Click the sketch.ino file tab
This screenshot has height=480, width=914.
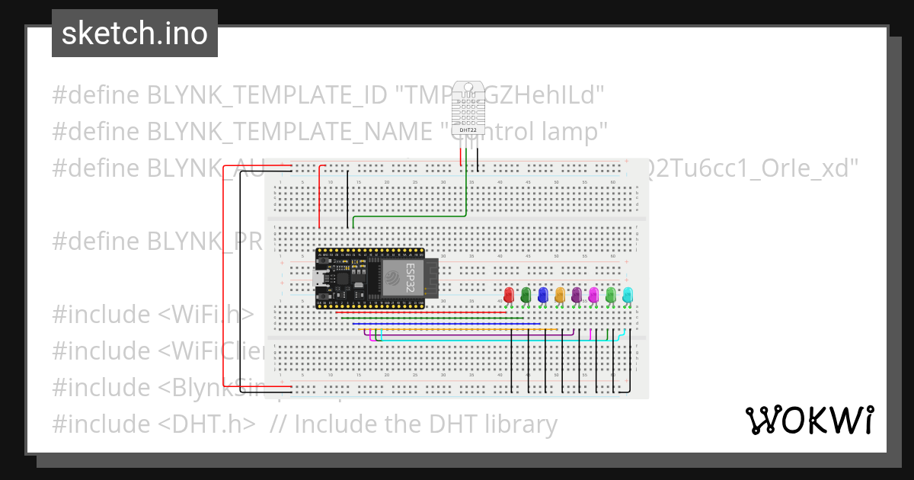pos(134,34)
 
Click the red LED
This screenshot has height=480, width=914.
pos(509,295)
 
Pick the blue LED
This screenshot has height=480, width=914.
pos(542,295)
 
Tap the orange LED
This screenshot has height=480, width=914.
pos(560,295)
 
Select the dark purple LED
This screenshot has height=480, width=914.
pos(577,295)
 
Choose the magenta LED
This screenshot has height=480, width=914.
pos(593,295)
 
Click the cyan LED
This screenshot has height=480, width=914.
pos(628,295)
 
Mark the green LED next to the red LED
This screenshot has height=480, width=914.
pos(526,295)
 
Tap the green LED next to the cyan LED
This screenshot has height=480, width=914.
pos(610,295)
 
